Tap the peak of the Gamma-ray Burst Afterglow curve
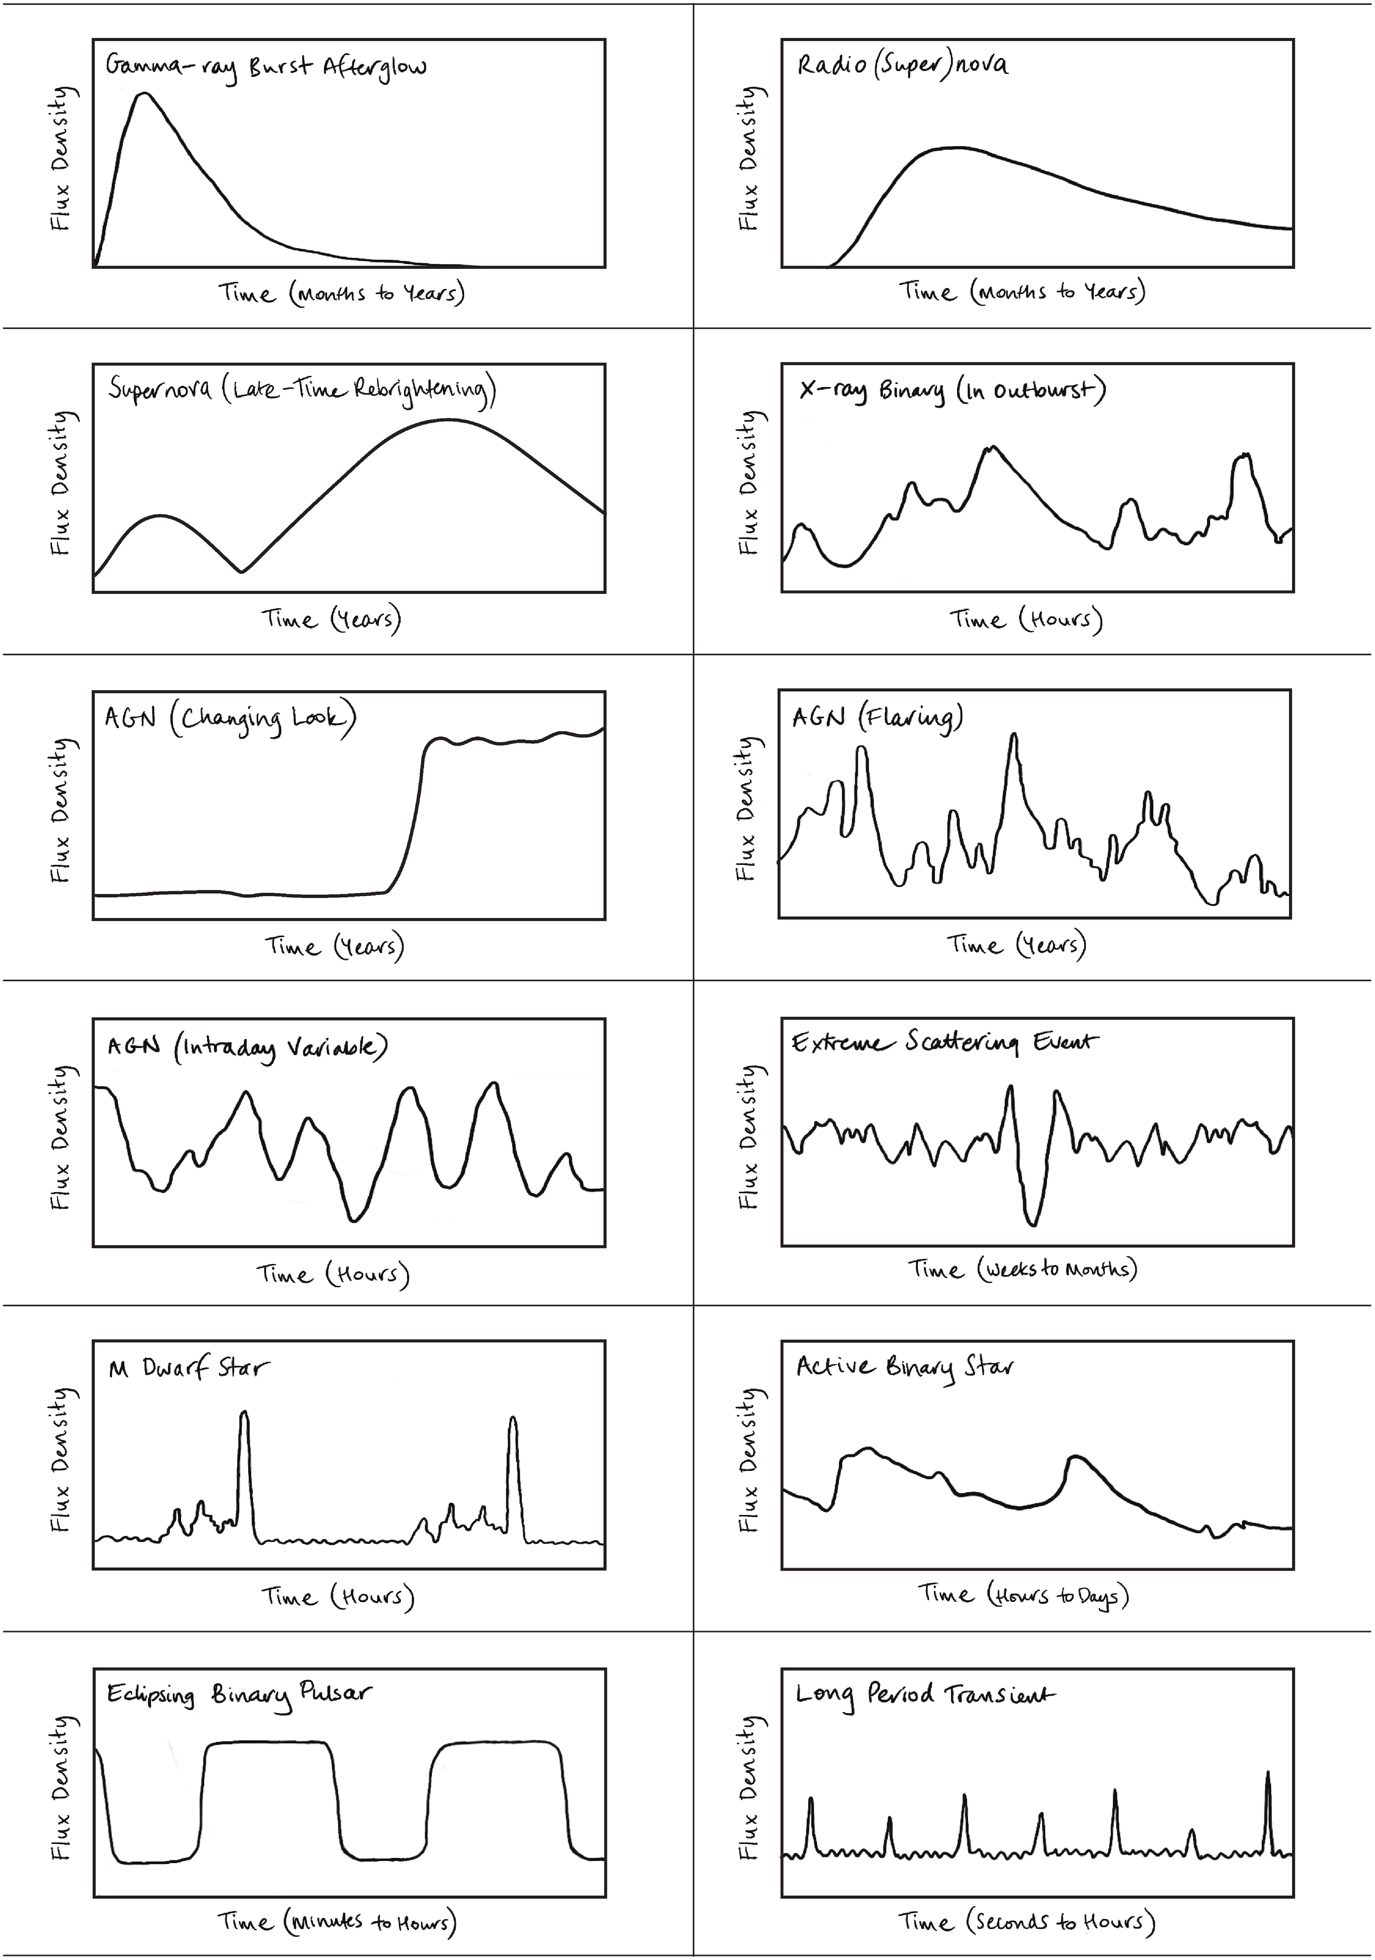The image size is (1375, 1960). click(144, 94)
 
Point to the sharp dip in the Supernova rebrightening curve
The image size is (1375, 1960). click(242, 571)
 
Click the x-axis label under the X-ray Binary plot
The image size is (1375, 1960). click(1025, 619)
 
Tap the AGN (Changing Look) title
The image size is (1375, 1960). click(230, 718)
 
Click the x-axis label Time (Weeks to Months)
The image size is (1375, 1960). click(1022, 1269)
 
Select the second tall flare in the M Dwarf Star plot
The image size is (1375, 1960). click(512, 1420)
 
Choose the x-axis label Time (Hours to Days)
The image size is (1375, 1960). click(1022, 1595)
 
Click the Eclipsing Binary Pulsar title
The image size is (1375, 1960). click(239, 1694)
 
